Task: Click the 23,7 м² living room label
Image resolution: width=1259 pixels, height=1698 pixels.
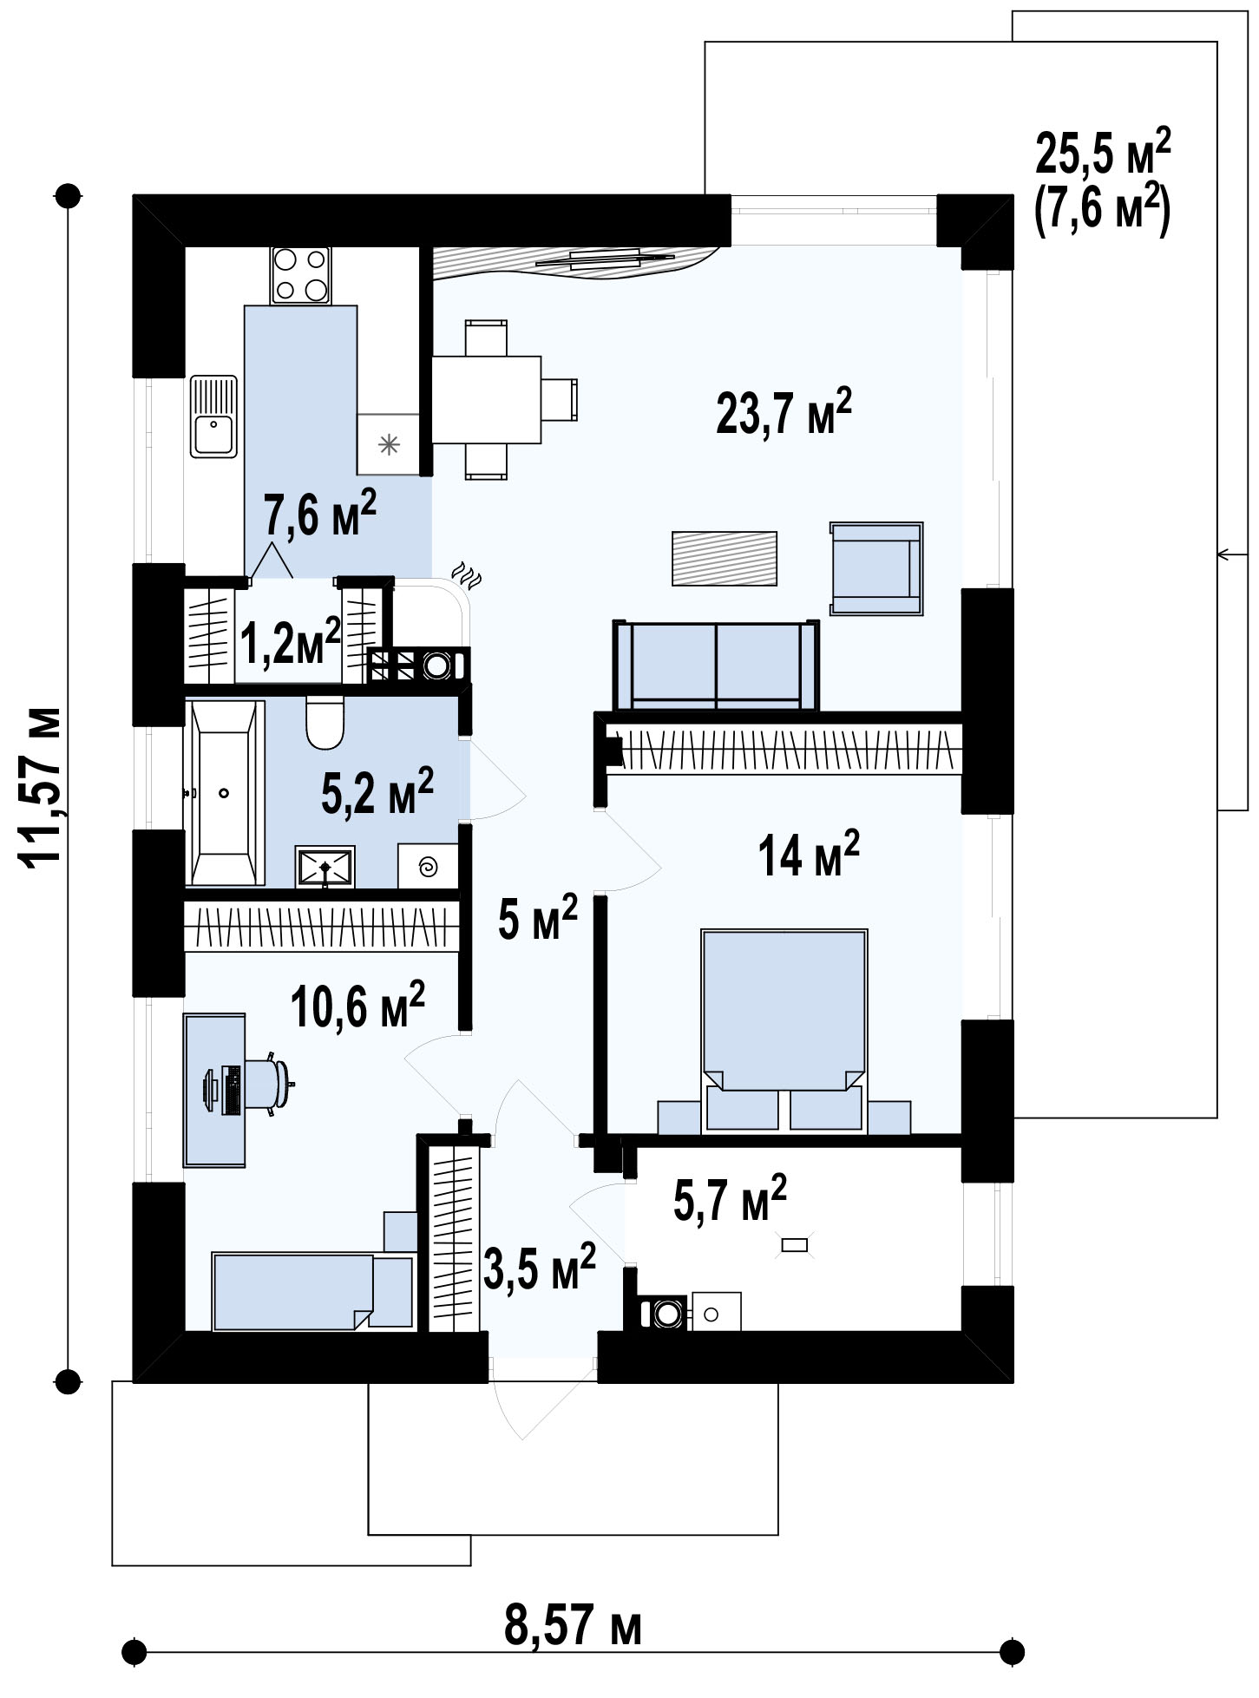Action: pyautogui.click(x=784, y=411)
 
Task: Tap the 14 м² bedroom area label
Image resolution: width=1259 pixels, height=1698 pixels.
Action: pyautogui.click(x=809, y=854)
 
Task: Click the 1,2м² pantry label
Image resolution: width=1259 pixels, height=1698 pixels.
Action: pyautogui.click(x=290, y=640)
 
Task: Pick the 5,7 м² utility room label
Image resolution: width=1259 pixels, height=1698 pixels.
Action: pyautogui.click(x=730, y=1199)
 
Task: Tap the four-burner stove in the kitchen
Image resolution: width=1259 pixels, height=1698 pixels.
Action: pyautogui.click(x=300, y=275)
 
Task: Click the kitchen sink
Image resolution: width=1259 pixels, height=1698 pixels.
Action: pyautogui.click(x=213, y=416)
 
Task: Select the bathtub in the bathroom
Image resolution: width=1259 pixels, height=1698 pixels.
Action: pyautogui.click(x=224, y=793)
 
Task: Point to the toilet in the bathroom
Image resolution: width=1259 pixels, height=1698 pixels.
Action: pyautogui.click(x=325, y=724)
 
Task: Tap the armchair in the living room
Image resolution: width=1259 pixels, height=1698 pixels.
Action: pyautogui.click(x=876, y=568)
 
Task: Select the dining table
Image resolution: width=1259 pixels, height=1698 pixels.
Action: pyautogui.click(x=487, y=400)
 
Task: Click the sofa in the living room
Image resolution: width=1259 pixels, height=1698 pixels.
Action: pyautogui.click(x=716, y=665)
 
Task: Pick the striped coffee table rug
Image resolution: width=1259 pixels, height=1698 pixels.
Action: pyautogui.click(x=725, y=558)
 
